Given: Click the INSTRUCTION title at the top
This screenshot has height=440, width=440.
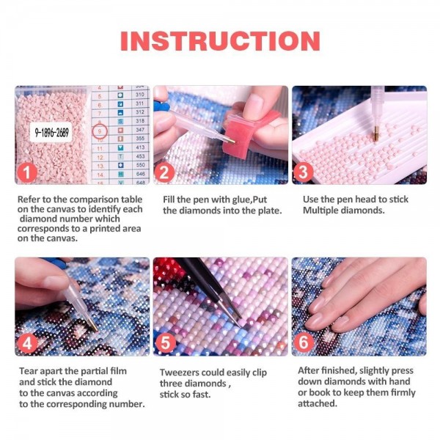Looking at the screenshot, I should pos(220,40).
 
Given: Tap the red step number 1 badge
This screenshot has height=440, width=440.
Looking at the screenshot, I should pos(27,173).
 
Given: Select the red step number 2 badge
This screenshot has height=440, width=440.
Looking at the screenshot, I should pos(165,173).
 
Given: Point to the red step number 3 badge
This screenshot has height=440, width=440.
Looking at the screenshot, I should pos(303,173).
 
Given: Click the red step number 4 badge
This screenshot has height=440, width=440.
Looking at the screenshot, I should pos(27,342).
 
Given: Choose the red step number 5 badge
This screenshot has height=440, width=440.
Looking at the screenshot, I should pos(165,342).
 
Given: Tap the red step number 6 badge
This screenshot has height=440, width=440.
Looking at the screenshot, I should pos(303,342).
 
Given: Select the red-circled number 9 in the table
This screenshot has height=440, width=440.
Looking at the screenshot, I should pos(100,131).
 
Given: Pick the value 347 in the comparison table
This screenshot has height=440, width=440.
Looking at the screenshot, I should pos(139,129).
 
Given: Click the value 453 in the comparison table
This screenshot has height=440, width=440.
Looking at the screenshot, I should pos(139,156).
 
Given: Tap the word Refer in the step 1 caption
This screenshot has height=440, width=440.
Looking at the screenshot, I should pos(29,199).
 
